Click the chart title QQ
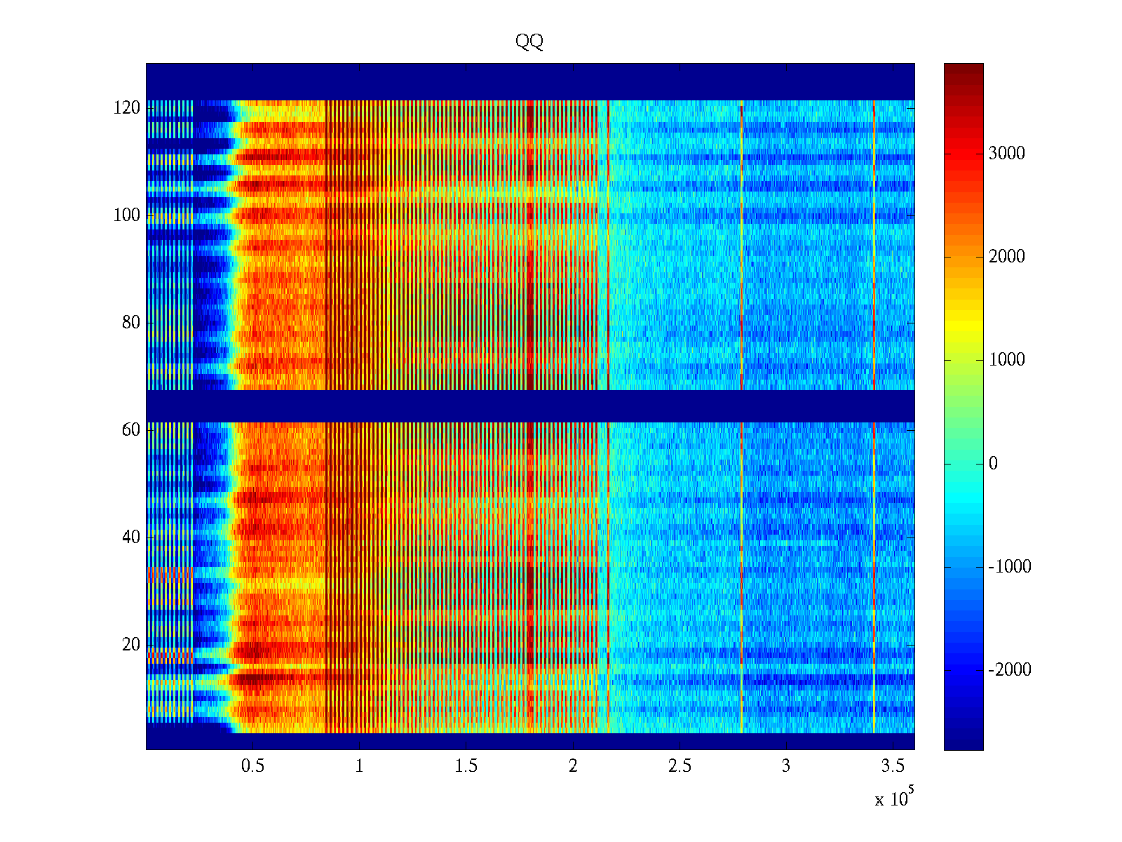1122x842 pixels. [529, 42]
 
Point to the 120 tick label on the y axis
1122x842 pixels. [127, 108]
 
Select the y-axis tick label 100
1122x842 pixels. [127, 215]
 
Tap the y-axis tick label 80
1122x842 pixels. [131, 323]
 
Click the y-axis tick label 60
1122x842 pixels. [131, 430]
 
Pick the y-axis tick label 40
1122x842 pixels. [131, 537]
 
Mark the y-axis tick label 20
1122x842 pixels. [131, 645]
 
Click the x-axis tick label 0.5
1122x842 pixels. [253, 766]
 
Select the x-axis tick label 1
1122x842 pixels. [360, 766]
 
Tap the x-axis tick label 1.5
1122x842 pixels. [466, 766]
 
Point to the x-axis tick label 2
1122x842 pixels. [573, 766]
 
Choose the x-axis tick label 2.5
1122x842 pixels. [680, 766]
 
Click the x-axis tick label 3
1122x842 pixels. [786, 766]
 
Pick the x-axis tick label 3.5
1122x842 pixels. [893, 766]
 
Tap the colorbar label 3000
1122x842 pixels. [1007, 154]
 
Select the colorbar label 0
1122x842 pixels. [993, 464]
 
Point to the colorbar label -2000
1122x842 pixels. [1010, 670]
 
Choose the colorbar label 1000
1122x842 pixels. [1007, 360]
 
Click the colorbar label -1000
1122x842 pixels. [1010, 567]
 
